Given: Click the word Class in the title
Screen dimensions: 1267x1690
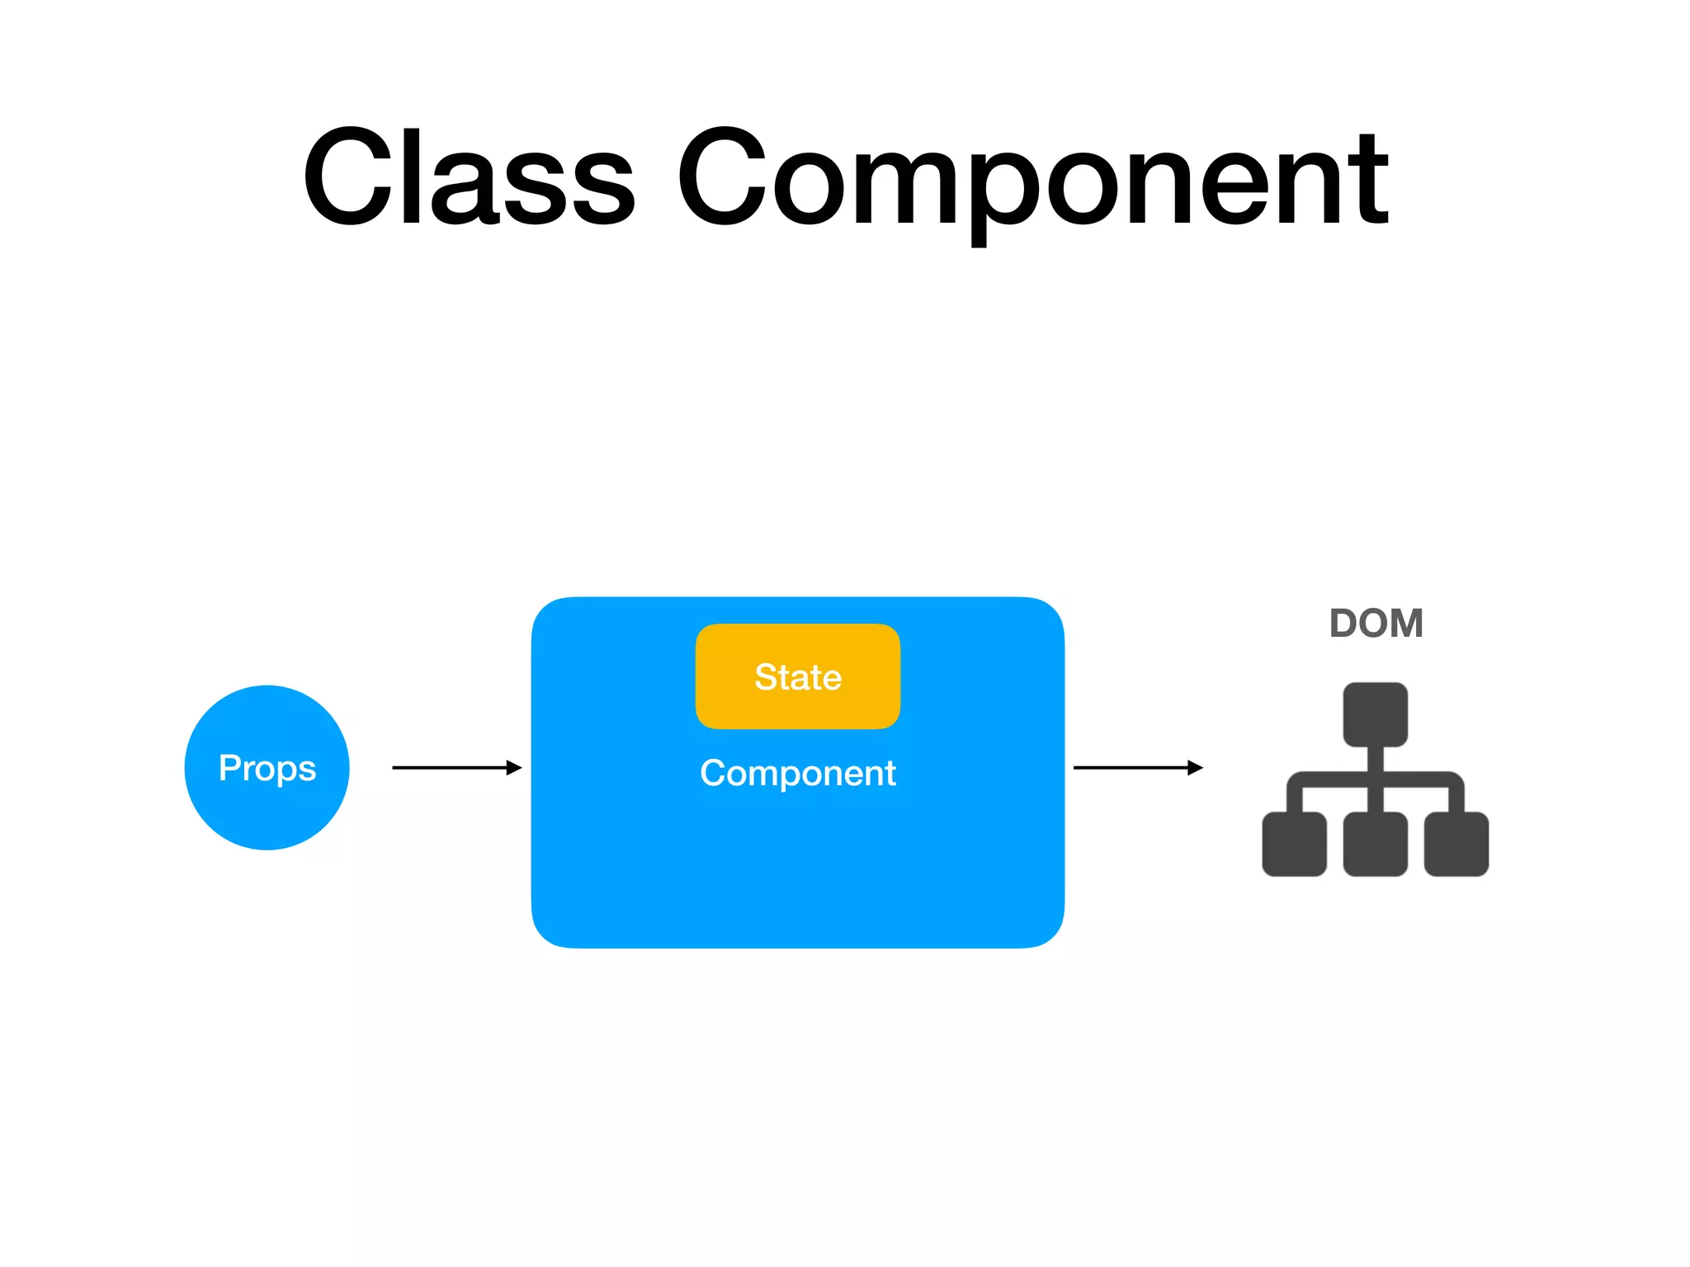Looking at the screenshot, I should (469, 177).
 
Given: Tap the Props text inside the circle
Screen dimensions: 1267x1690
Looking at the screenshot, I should (267, 768).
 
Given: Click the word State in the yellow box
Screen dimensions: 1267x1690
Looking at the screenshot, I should (797, 677).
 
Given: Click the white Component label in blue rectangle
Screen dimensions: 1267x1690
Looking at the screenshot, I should (797, 773).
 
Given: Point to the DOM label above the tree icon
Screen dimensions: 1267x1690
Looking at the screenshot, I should (1376, 624).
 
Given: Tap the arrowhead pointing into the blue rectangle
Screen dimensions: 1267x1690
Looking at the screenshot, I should (514, 768).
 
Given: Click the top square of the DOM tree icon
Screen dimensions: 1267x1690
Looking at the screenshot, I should (1375, 714).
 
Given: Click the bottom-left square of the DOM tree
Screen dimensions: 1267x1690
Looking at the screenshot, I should (1294, 844).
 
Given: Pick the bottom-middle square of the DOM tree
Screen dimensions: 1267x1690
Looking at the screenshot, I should (1375, 844).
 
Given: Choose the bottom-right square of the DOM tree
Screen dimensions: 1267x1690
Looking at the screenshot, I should (1456, 844).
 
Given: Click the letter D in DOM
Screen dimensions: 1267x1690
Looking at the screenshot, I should (1344, 624).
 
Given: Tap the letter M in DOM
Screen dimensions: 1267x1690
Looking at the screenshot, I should (1406, 624).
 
